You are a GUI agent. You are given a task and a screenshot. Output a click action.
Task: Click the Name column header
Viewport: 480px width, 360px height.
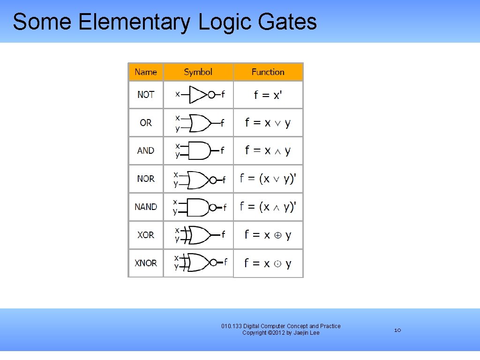coord(146,72)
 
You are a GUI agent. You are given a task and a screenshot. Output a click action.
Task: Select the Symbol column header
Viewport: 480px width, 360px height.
coord(198,72)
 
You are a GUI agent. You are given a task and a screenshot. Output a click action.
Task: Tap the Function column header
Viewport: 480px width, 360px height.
coord(268,72)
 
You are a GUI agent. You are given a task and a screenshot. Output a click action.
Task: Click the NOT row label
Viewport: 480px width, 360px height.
coord(146,95)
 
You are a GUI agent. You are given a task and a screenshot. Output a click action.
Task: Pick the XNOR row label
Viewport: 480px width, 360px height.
coord(146,263)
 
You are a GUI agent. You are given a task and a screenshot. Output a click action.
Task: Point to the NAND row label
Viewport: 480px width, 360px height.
coord(146,207)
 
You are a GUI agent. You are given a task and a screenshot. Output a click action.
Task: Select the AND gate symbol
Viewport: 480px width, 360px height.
coord(199,150)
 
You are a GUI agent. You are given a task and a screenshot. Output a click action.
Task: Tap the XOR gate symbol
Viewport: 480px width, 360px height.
coord(199,235)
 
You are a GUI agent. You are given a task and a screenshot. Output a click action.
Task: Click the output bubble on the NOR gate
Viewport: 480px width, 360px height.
coord(213,180)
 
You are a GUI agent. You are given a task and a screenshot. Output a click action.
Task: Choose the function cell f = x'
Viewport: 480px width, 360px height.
coord(268,95)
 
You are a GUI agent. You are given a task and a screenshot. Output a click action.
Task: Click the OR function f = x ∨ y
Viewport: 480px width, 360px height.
coord(268,123)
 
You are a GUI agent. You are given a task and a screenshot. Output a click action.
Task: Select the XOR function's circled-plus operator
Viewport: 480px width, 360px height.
coord(277,235)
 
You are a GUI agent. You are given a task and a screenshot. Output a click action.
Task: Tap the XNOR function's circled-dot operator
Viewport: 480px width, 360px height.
coord(277,264)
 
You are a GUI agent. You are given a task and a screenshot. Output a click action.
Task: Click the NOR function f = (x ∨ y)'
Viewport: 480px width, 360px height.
coord(268,179)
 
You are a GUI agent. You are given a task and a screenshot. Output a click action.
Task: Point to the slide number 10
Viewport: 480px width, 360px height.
coord(397,330)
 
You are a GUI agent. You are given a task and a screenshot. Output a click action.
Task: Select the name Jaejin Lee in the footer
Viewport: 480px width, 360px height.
coord(307,333)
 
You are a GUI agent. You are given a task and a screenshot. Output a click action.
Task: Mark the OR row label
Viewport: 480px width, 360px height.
coord(146,123)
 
